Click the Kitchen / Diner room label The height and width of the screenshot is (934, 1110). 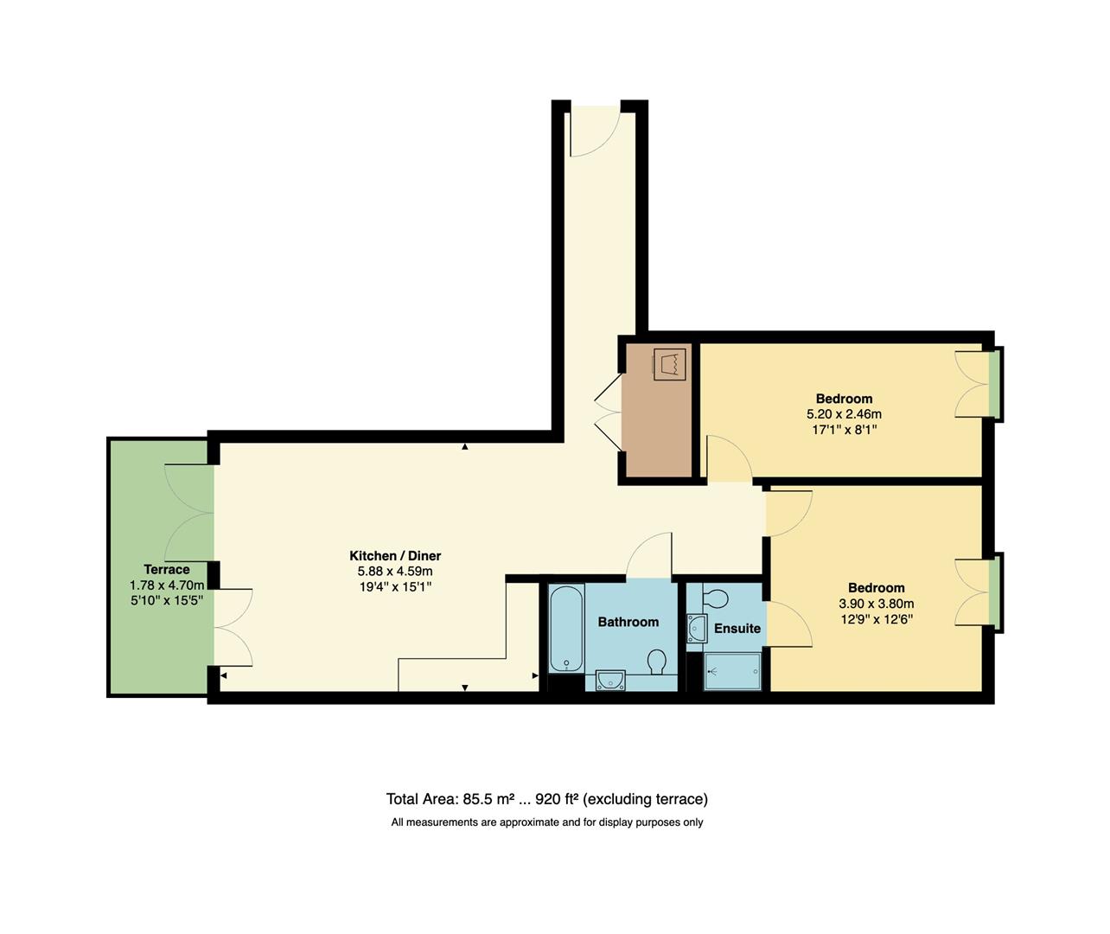394,555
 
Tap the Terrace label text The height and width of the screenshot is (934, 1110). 167,569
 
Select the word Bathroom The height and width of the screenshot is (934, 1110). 628,622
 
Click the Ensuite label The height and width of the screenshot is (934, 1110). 737,629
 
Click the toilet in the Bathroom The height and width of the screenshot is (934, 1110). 657,662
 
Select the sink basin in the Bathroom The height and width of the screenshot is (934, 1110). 610,681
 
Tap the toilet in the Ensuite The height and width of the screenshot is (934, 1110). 716,598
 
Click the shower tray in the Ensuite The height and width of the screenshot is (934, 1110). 732,671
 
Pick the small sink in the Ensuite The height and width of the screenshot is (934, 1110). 696,629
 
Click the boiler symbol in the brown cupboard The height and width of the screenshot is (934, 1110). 669,363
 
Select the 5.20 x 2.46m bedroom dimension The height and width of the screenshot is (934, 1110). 844,414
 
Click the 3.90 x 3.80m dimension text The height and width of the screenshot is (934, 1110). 876,604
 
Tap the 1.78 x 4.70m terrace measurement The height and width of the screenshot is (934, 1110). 167,585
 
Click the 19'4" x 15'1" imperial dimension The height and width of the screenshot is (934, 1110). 394,586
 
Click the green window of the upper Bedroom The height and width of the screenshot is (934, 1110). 996,383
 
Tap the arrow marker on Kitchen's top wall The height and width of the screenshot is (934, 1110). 465,447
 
